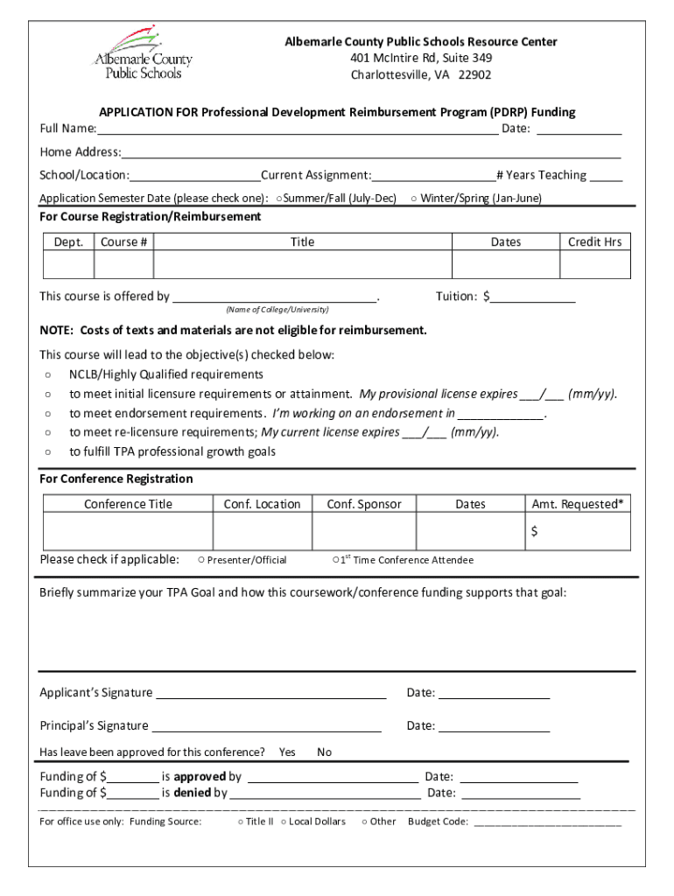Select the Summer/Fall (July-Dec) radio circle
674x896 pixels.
tap(277, 199)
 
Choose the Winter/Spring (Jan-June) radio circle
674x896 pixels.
tap(413, 199)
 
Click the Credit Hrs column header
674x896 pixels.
tap(594, 241)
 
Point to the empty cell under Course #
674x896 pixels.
tap(124, 264)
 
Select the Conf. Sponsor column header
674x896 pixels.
tap(364, 504)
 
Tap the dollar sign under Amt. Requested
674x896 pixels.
tap(534, 532)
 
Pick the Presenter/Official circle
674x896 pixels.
tap(201, 560)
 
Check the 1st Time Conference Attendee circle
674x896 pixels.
tap(336, 560)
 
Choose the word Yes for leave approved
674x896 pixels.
tap(287, 752)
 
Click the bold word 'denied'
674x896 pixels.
tap(193, 794)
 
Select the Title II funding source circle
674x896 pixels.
tap(240, 822)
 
